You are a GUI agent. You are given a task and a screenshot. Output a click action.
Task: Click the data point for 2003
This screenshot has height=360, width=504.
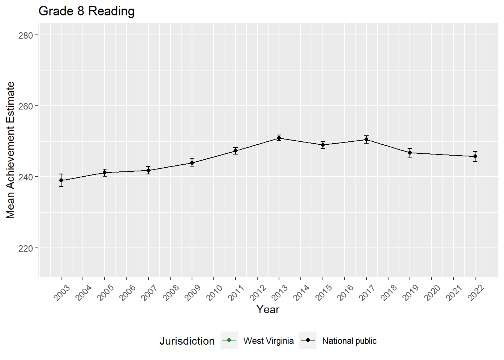pos(61,180)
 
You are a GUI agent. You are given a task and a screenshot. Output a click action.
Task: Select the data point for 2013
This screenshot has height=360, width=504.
pos(279,138)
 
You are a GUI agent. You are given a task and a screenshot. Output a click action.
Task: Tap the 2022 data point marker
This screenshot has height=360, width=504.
pos(475,156)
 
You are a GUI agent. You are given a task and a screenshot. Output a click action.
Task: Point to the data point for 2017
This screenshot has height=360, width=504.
pos(366,139)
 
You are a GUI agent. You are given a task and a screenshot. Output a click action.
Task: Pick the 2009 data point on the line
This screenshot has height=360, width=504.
pos(192,163)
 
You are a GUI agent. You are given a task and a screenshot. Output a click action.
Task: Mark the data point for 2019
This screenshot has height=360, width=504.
pos(410,153)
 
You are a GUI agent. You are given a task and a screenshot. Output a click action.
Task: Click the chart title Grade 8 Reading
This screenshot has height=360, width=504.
pos(87,11)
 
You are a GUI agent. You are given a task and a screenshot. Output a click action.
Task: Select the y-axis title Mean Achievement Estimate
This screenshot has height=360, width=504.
pos(10,150)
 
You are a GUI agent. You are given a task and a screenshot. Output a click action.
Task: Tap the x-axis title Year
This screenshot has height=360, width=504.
pos(268,309)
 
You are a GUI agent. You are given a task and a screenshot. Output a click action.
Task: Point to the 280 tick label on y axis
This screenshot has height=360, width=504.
pos(25,35)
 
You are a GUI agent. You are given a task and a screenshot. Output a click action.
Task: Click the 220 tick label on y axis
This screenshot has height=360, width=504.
pos(25,248)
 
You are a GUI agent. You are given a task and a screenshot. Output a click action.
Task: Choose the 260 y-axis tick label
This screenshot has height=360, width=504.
pos(25,106)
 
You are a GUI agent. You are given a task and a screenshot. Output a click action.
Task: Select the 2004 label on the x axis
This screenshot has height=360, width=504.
pos(84,292)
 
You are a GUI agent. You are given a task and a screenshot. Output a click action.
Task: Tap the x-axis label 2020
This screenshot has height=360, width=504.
pos(432,292)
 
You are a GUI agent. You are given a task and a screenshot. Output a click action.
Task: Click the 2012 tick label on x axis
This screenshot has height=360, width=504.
pos(258,292)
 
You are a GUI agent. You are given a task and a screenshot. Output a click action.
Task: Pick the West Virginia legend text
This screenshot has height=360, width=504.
pos(268,341)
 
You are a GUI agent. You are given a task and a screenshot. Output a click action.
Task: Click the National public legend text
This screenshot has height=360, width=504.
pos(349,341)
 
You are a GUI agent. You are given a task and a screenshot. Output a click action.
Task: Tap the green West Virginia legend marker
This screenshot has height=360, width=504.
pos(229,340)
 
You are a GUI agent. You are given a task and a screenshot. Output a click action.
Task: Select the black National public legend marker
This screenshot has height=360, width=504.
pos(308,340)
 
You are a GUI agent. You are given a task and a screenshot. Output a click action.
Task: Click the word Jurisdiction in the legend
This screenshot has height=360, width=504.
pos(187,341)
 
